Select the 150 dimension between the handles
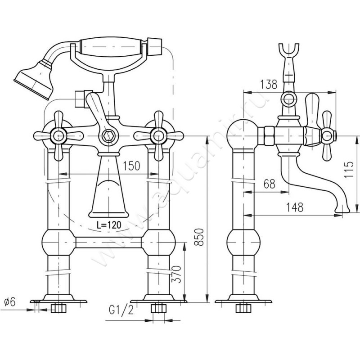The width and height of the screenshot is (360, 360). pos(130,166)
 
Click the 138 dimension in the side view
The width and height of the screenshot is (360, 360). pos(268,84)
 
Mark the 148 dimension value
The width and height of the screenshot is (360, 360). pos(293,207)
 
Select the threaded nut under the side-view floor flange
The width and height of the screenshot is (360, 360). pos(243,309)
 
